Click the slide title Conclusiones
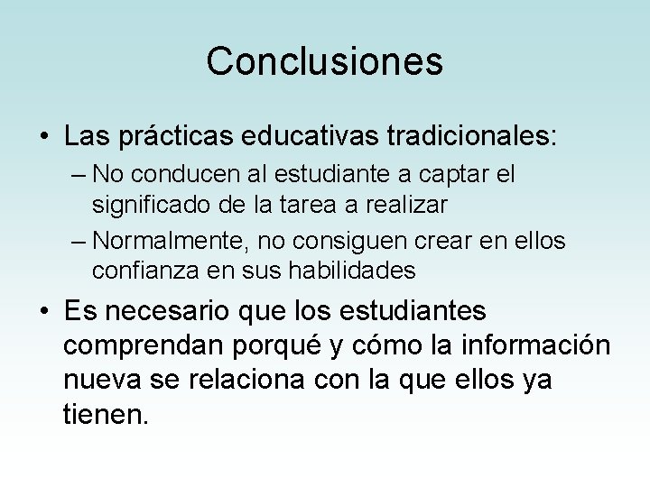tap(324, 62)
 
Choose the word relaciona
tap(261, 380)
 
